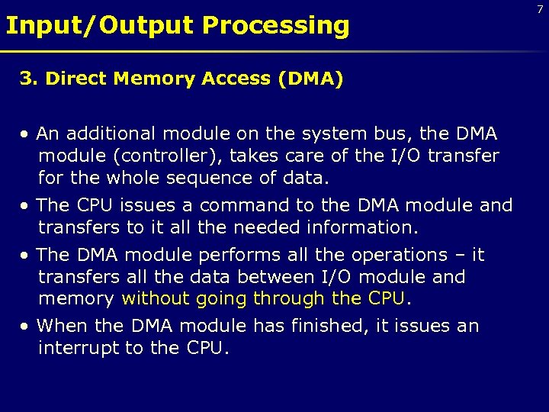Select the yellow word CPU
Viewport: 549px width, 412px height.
click(x=386, y=298)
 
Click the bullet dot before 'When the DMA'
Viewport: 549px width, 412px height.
click(x=25, y=327)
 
